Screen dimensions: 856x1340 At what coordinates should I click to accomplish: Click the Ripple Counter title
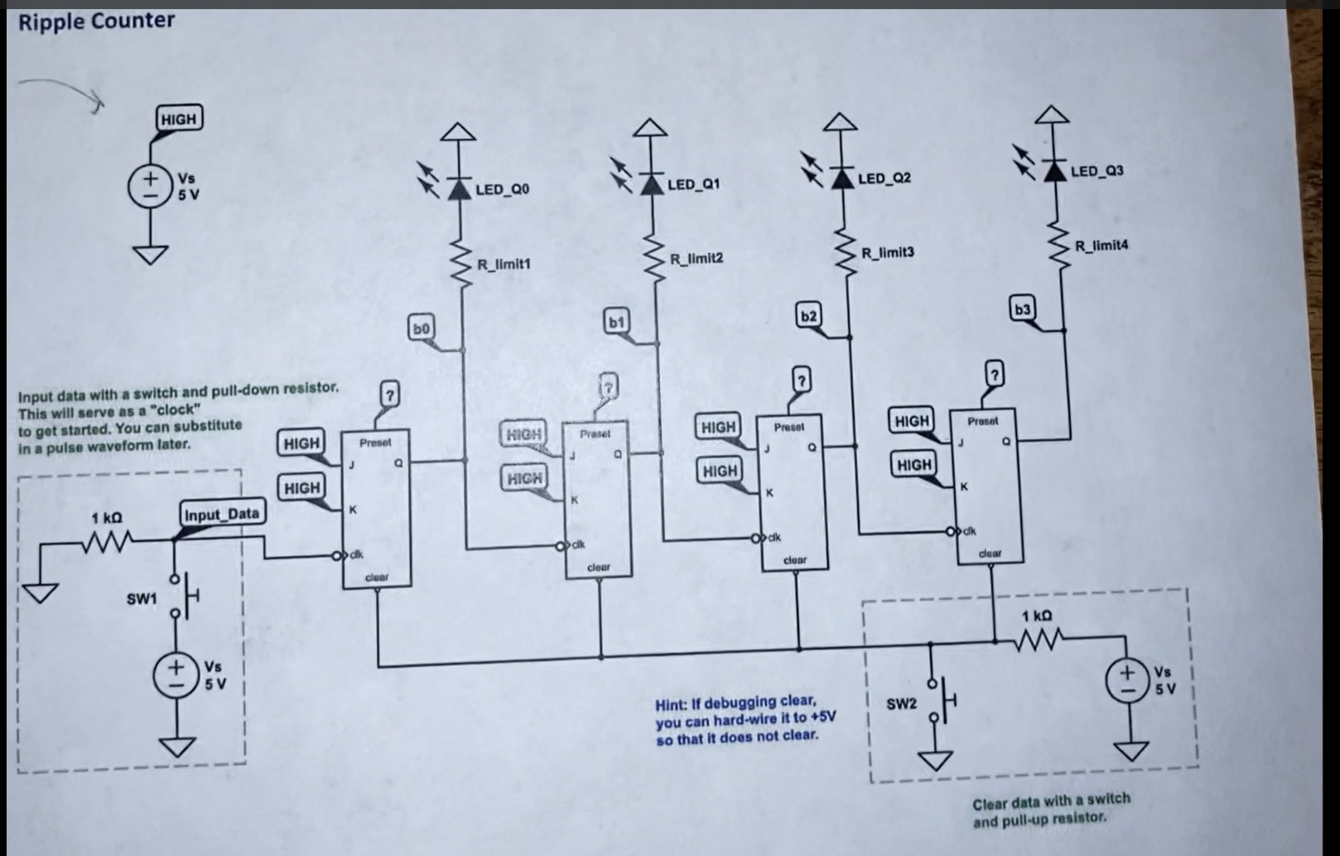pyautogui.click(x=96, y=21)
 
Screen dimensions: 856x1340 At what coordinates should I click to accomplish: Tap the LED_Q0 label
pyautogui.click(x=502, y=190)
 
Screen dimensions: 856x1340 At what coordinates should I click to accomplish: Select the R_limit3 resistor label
pyautogui.click(x=887, y=252)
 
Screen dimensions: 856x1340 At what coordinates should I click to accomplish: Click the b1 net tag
pyautogui.click(x=616, y=321)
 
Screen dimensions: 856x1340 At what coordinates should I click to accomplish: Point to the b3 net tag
pyautogui.click(x=1022, y=309)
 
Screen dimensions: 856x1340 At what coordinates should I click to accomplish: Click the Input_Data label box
pyautogui.click(x=221, y=514)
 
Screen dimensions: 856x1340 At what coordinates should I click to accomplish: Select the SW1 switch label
pyautogui.click(x=141, y=598)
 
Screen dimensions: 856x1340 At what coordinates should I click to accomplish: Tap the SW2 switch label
pyautogui.click(x=901, y=704)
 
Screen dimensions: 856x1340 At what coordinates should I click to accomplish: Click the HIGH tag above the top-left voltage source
pyautogui.click(x=178, y=119)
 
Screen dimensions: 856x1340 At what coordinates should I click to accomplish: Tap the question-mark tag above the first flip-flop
pyautogui.click(x=389, y=393)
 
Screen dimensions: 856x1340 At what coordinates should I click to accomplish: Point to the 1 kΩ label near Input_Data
pyautogui.click(x=107, y=518)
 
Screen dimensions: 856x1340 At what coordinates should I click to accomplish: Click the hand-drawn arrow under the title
pyautogui.click(x=62, y=90)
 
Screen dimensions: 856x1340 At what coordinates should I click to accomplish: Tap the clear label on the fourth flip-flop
pyautogui.click(x=990, y=553)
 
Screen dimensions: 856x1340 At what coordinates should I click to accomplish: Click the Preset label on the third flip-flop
pyautogui.click(x=788, y=427)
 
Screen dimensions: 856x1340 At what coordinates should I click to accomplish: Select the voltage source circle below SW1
pyautogui.click(x=175, y=676)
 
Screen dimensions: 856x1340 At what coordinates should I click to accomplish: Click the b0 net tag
pyautogui.click(x=421, y=328)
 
